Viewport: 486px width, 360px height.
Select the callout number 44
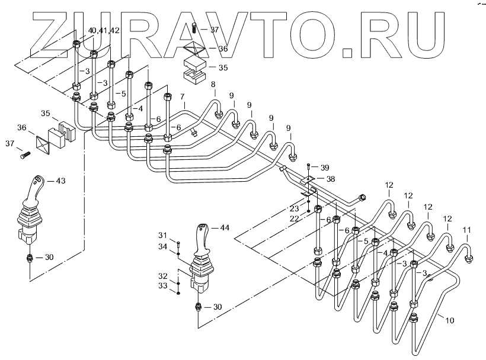click(x=224, y=227)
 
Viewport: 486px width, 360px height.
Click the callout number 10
click(x=450, y=320)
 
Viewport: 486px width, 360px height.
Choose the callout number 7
click(x=183, y=96)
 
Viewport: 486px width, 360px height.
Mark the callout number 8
click(x=213, y=84)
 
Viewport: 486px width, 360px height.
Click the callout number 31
click(x=163, y=236)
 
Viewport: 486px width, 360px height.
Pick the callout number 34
click(x=163, y=246)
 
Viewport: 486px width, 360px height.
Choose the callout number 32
click(x=163, y=276)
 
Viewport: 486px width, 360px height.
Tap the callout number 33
click(x=163, y=286)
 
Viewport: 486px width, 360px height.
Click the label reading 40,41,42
click(x=103, y=30)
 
